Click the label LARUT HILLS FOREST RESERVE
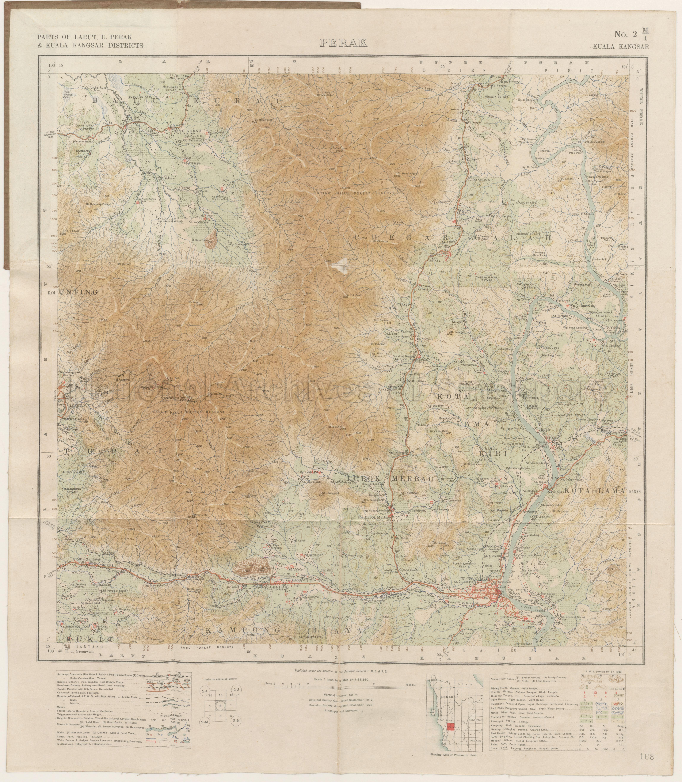click(189, 412)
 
